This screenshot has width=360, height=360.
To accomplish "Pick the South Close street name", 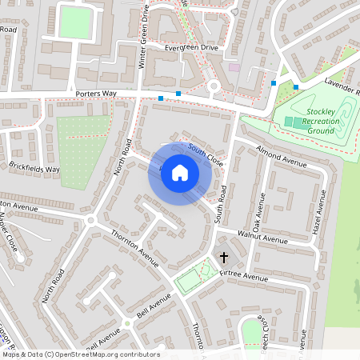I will pyautogui.click(x=206, y=154).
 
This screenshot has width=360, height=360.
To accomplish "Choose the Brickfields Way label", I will pyautogui.click(x=35, y=170).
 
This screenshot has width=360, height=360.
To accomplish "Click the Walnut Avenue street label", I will pyautogui.click(x=262, y=238).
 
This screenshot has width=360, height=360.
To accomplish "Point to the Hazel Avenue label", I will pyautogui.click(x=318, y=212).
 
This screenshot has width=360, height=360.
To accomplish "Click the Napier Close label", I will pyautogui.click(x=9, y=232).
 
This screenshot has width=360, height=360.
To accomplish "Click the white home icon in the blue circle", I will pyautogui.click(x=180, y=173).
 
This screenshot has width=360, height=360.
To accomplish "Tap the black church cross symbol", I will pyautogui.click(x=223, y=258).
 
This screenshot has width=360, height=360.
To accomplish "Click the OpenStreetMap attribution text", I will pyautogui.click(x=80, y=354).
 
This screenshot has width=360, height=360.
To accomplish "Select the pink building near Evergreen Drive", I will pyautogui.click(x=234, y=67).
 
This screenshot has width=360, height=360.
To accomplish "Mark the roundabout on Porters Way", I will pyautogui.click(x=214, y=86).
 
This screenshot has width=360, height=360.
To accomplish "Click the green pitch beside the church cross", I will pyautogui.click(x=190, y=281).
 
